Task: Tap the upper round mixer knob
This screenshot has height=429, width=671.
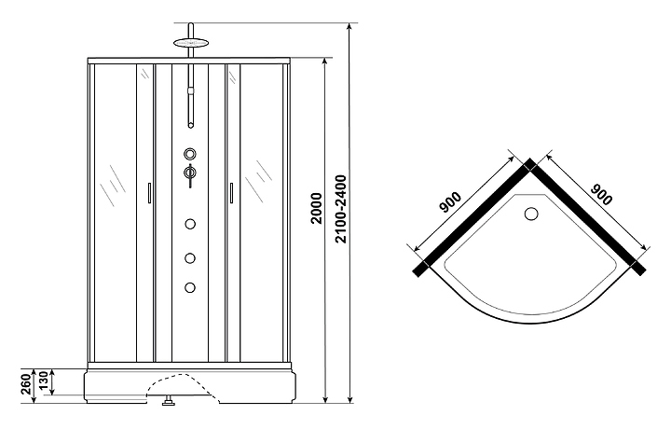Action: coord(190,154)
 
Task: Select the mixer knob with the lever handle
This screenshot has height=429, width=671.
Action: coord(190,172)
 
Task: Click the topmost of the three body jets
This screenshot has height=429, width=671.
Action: coord(190,223)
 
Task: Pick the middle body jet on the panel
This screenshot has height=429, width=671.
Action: coord(190,257)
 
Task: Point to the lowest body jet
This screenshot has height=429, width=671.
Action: coord(190,286)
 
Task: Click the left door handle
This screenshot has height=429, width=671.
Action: coord(149,192)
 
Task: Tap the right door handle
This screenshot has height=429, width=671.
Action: coord(229,192)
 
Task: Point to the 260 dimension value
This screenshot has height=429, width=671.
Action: coord(25,382)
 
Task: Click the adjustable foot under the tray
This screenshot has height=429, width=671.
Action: coord(169,404)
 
